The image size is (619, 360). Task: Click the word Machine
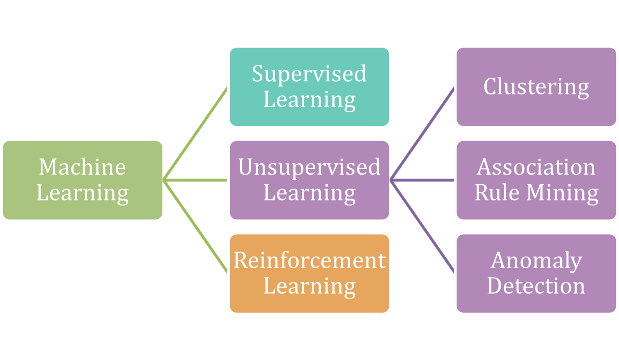point(82,167)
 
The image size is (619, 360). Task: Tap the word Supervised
point(309,74)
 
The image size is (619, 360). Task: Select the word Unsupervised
point(309,167)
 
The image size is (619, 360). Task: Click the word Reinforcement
point(309,260)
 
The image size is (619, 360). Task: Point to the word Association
point(536,167)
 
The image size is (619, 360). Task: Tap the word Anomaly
point(536,261)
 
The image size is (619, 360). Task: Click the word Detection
point(536,286)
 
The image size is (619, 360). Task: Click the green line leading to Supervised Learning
point(195,134)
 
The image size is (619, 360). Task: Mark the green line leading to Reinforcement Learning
point(195,226)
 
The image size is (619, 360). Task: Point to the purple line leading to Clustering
point(422,134)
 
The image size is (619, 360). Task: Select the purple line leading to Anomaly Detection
point(422,226)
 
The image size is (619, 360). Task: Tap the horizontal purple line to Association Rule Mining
point(422,180)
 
